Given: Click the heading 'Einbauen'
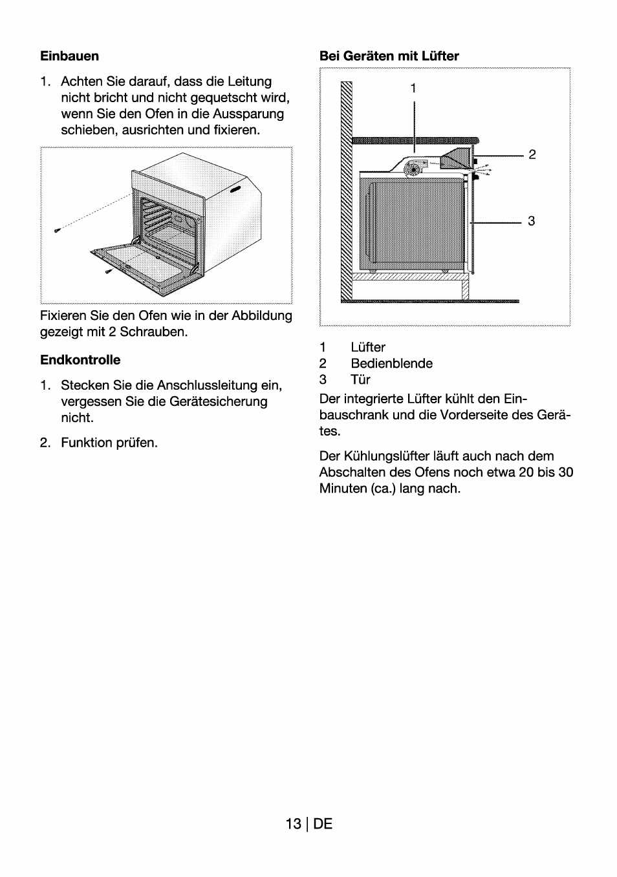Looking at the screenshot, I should pyautogui.click(x=69, y=56).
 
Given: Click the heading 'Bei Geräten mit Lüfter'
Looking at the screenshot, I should pyautogui.click(x=389, y=56).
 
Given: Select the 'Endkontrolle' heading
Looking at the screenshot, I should pyautogui.click(x=80, y=360).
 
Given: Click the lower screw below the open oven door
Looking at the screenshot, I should pyautogui.click(x=109, y=271).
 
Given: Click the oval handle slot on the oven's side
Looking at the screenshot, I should pyautogui.click(x=236, y=189).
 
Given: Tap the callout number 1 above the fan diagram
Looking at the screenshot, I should pyautogui.click(x=413, y=88).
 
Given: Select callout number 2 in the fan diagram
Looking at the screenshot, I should pyautogui.click(x=532, y=154).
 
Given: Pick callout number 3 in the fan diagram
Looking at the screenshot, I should pyautogui.click(x=531, y=221).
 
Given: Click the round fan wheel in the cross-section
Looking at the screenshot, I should pyautogui.click(x=412, y=169).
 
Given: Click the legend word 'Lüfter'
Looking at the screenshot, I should pyautogui.click(x=368, y=348).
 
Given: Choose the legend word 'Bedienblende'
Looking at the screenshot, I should pyautogui.click(x=391, y=364).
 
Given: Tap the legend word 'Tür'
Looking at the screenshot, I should pyautogui.click(x=360, y=380).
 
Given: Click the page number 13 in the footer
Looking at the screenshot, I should pyautogui.click(x=292, y=824).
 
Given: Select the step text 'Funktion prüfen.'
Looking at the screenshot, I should pyautogui.click(x=109, y=443).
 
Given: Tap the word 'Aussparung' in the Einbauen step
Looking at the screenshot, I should pyautogui.click(x=250, y=114).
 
